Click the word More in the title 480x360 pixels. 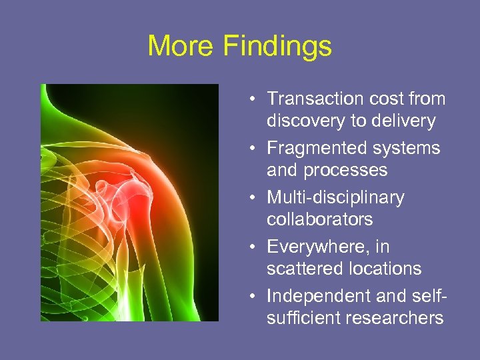click(181, 46)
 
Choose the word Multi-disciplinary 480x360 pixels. click(335, 197)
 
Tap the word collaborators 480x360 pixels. click(319, 219)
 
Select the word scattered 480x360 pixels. click(304, 269)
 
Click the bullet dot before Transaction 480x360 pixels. click(255, 100)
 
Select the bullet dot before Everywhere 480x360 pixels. click(255, 248)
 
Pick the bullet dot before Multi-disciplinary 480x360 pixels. click(255, 199)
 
